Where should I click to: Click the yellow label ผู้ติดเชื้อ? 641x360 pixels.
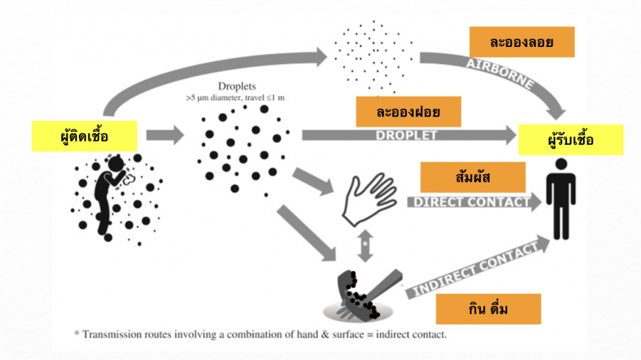click(85, 136)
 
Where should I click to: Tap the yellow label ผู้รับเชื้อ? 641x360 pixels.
click(570, 140)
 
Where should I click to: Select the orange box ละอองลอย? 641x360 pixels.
click(521, 42)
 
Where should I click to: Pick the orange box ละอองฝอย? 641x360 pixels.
click(408, 112)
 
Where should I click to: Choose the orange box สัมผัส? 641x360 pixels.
click(473, 177)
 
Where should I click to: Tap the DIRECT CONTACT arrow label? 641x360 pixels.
click(471, 202)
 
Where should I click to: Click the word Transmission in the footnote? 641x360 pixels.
click(116, 334)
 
